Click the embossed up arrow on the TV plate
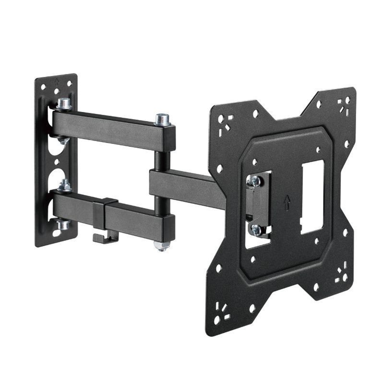[x=287, y=202]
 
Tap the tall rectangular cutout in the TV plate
[x=312, y=197]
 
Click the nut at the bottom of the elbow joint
[x=162, y=246]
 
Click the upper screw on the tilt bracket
[x=255, y=181]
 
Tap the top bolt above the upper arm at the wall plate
[x=64, y=103]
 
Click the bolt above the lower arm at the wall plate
[x=64, y=185]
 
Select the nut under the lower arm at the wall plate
[x=63, y=224]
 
